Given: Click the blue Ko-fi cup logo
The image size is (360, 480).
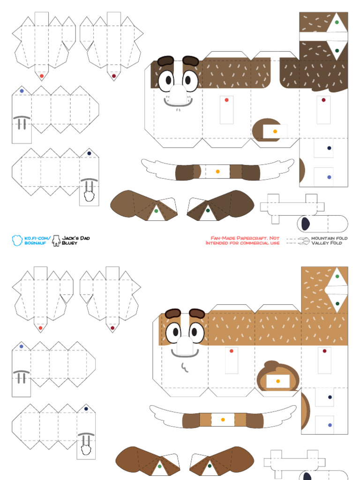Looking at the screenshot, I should (17, 240).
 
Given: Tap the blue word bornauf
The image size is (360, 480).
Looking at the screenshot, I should (35, 243).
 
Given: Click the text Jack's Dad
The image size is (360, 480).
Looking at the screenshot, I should (77, 238).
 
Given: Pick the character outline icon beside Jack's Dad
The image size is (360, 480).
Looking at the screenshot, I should (56, 240).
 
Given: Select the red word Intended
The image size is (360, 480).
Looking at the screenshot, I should (218, 243).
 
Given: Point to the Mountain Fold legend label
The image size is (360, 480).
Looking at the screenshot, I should (330, 238).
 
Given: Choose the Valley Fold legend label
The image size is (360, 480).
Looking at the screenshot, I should (327, 243).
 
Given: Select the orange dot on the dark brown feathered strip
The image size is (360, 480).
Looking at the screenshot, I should (217, 172).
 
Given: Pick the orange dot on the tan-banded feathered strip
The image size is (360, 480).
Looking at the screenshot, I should (223, 420).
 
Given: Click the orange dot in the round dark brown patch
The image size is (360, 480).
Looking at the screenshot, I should (275, 132).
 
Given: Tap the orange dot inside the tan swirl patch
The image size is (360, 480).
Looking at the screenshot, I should (278, 381).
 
